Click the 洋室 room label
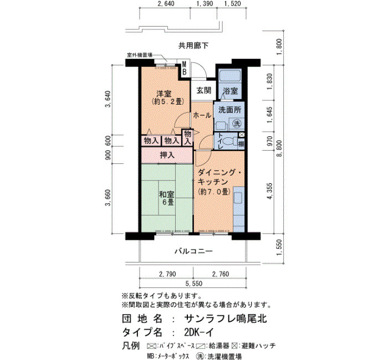[x=164, y=94]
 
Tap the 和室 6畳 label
[x=166, y=198]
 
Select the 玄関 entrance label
[x=204, y=90]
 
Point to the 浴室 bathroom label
[x=230, y=91]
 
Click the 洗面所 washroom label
[x=229, y=110]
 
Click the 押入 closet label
[x=167, y=155]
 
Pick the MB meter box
[x=185, y=68]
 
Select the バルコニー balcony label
[x=194, y=251]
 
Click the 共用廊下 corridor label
[x=193, y=45]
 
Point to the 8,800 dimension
[x=279, y=149]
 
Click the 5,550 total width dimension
[x=194, y=284]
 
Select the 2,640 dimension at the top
[x=166, y=3]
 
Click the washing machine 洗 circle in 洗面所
[x=237, y=123]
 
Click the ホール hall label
[x=202, y=115]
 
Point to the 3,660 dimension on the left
[x=108, y=198]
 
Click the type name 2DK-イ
[x=198, y=332]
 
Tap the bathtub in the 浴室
[x=230, y=77]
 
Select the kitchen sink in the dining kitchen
[x=238, y=198]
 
